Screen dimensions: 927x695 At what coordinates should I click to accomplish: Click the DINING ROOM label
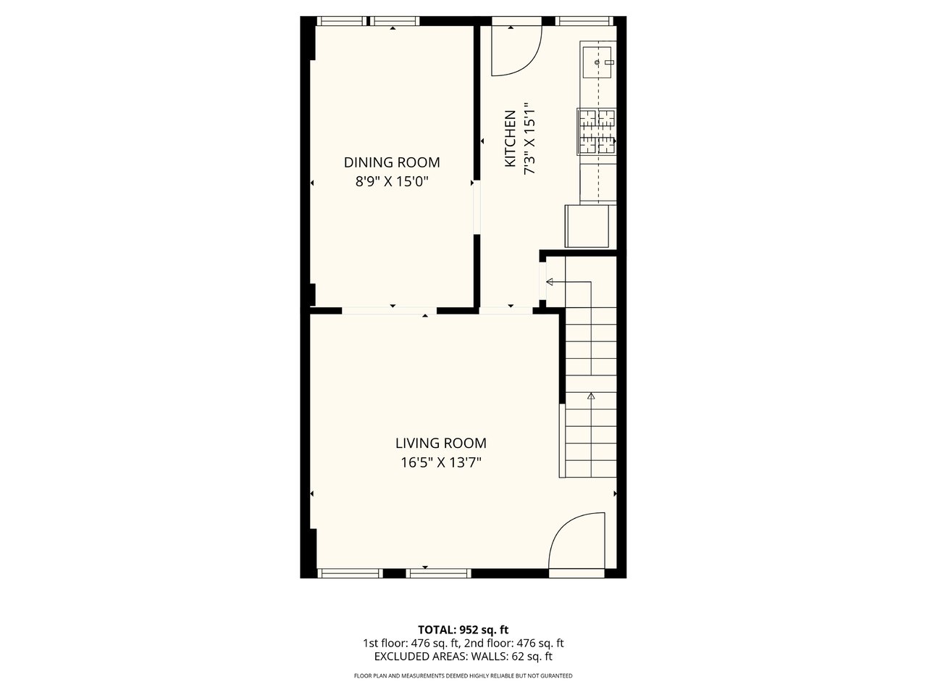click(392, 162)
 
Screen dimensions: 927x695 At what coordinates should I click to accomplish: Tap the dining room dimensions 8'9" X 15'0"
click(392, 182)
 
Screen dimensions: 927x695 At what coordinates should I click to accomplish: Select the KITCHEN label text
click(511, 138)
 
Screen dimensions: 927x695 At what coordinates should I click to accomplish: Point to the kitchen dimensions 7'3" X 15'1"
click(529, 138)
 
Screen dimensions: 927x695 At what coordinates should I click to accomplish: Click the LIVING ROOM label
click(441, 444)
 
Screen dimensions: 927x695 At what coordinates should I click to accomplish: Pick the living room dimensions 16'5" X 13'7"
click(441, 463)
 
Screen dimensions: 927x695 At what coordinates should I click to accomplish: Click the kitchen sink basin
click(597, 62)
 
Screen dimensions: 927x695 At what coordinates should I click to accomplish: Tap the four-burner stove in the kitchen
click(596, 131)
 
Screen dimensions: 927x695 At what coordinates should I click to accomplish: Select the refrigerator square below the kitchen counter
click(587, 226)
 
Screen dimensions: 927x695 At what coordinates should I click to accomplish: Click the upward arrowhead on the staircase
click(591, 396)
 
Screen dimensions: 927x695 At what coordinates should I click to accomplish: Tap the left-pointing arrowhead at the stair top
click(550, 282)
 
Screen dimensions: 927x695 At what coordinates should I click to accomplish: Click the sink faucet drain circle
click(597, 62)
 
